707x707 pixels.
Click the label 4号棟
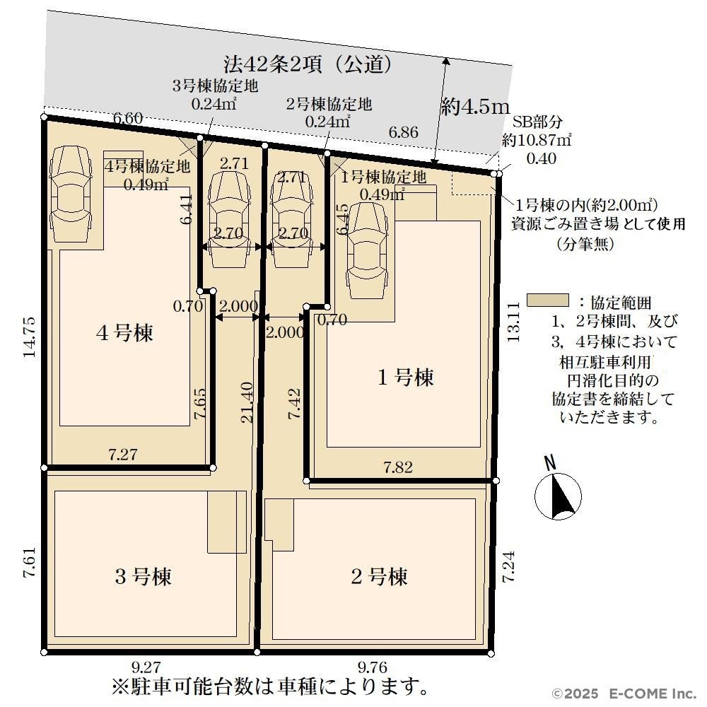tap(124, 333)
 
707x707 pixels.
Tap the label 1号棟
tap(405, 377)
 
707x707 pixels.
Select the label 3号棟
tap(143, 576)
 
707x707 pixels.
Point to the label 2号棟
tap(379, 576)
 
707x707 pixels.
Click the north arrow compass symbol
tap(557, 492)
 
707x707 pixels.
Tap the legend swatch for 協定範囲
tap(547, 300)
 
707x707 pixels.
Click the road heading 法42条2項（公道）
tap(308, 64)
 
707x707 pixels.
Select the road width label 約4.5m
tap(475, 107)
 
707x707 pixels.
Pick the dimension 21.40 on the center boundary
tap(247, 402)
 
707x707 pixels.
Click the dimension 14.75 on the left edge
tap(29, 337)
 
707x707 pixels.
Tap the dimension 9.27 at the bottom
tap(146, 667)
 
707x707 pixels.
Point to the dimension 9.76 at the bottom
tap(373, 667)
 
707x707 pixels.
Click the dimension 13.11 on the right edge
tap(513, 322)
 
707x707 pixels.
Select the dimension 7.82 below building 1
tap(397, 467)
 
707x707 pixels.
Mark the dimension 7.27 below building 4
tap(122, 454)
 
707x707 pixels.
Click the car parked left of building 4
tap(70, 194)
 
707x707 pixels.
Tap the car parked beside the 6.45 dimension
tap(367, 250)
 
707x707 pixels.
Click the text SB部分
tap(537, 122)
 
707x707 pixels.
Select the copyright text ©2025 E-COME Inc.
tap(625, 694)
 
